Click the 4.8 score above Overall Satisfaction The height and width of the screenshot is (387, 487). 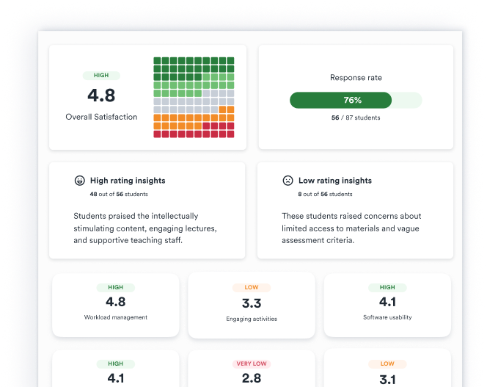click(x=101, y=95)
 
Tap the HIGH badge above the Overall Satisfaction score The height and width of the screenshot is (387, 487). click(x=101, y=76)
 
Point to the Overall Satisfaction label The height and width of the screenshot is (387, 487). click(x=101, y=117)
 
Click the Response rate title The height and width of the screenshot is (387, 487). click(x=356, y=77)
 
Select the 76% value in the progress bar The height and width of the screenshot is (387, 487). click(x=353, y=100)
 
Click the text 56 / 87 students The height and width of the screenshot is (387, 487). click(x=356, y=117)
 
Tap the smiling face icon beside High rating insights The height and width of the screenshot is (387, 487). click(x=80, y=181)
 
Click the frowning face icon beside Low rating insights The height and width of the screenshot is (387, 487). click(x=288, y=181)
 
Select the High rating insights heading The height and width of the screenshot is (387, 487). click(x=128, y=181)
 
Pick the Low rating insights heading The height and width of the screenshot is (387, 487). click(x=335, y=181)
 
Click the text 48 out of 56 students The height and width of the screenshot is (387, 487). click(x=119, y=194)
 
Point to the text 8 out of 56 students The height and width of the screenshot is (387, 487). click(x=325, y=194)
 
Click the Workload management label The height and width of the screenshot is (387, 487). click(x=116, y=317)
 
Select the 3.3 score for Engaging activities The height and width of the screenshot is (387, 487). click(x=252, y=303)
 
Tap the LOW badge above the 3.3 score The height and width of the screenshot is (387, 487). click(x=252, y=287)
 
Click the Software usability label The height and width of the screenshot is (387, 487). click(x=387, y=317)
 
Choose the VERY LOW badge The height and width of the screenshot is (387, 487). click(x=252, y=364)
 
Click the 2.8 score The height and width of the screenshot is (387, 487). click(x=252, y=378)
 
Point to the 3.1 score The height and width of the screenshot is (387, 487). click(x=387, y=380)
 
